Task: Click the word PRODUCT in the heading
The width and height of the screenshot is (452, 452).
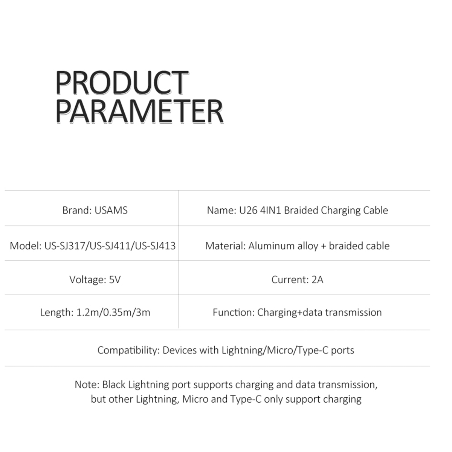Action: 122,82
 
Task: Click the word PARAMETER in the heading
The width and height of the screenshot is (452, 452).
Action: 140,111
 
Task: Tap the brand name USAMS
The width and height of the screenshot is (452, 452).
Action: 111,210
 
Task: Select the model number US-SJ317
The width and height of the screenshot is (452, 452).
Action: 65,246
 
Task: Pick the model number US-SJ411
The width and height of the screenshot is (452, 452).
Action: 110,246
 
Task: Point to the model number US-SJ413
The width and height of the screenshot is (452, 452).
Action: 155,246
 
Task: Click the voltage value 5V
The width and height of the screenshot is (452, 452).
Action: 115,279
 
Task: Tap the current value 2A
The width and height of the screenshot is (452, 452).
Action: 318,279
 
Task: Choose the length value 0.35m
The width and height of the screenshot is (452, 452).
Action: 116,312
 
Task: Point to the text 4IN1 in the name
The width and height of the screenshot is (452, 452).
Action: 271,210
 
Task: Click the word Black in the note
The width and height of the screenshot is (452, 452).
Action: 114,385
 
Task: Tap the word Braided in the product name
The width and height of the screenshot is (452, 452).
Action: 301,210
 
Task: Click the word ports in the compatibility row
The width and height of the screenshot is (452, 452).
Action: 342,351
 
